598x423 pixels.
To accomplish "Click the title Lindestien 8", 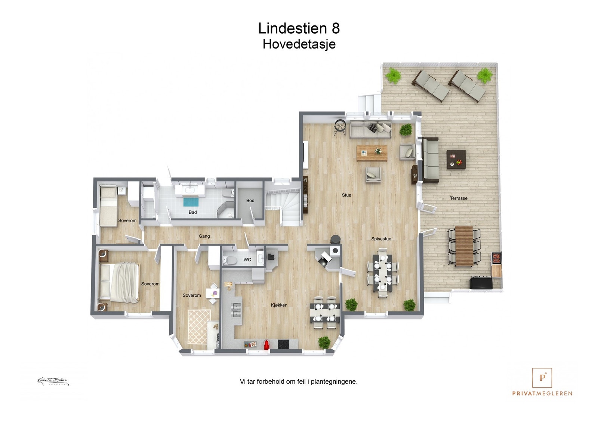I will coord(299,28).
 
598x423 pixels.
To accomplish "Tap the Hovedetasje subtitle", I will coord(299,44).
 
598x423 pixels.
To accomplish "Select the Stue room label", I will coord(346,195).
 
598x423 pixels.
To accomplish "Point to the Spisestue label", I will coord(381,239).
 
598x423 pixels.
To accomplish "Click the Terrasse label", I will coord(459,198).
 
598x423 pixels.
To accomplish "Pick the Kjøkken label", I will coord(279,305).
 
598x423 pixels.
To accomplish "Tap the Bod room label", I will coord(250,200).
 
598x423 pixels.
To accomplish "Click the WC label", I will coord(247,260).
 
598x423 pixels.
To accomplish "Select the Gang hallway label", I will coord(204,236).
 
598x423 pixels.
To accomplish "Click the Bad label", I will coord(192,212).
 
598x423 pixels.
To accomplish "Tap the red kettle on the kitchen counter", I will coord(266,345).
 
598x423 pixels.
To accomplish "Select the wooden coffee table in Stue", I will coord(372,153).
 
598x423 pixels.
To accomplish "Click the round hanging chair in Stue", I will coord(340,127).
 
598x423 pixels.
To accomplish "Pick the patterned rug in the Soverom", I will coord(199,327).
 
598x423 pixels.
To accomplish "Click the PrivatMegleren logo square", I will coord(542,378).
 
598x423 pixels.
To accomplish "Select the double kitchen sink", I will coord(236,310).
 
